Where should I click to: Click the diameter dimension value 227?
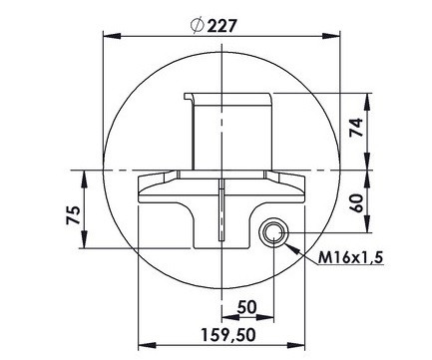[222, 26]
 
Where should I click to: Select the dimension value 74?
[356, 127]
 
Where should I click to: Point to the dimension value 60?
[356, 203]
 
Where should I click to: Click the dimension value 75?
[73, 215]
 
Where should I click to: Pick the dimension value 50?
[246, 307]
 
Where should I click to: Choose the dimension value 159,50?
[228, 335]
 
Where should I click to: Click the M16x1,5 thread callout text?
[351, 257]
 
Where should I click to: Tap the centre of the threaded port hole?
[273, 232]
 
